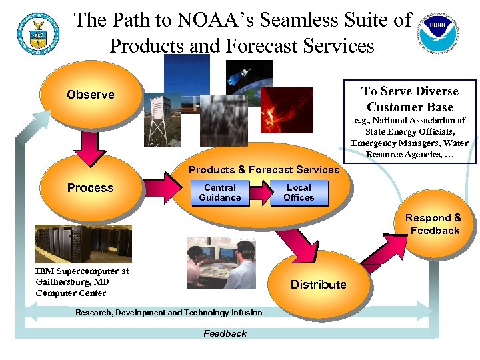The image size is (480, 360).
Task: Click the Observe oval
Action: pos(91,95)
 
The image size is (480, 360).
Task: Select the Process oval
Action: pos(91,188)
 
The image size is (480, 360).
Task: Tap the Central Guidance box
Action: pos(220,193)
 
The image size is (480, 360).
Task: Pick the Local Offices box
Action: pos(299,193)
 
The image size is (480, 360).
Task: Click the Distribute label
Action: pos(318,285)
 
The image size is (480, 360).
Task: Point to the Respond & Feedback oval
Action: pos(434,225)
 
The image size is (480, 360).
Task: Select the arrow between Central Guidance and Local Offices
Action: pos(261,192)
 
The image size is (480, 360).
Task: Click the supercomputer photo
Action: pos(83,243)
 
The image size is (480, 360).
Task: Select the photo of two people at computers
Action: pos(221,263)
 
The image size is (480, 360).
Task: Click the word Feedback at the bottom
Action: pos(225,333)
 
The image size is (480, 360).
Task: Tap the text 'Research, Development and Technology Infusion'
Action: pos(169,313)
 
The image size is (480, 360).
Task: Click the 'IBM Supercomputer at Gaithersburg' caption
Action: pos(82,282)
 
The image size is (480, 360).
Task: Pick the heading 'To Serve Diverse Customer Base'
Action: pos(409,99)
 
